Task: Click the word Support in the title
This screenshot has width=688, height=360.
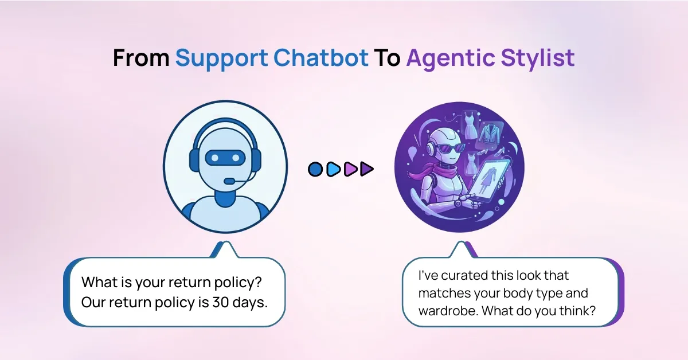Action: [221, 58]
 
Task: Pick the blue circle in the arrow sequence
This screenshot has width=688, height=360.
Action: [315, 169]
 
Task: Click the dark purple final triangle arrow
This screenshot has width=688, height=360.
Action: [367, 169]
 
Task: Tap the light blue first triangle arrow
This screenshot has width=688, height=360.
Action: [333, 169]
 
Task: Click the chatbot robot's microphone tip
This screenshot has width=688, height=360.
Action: [229, 181]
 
